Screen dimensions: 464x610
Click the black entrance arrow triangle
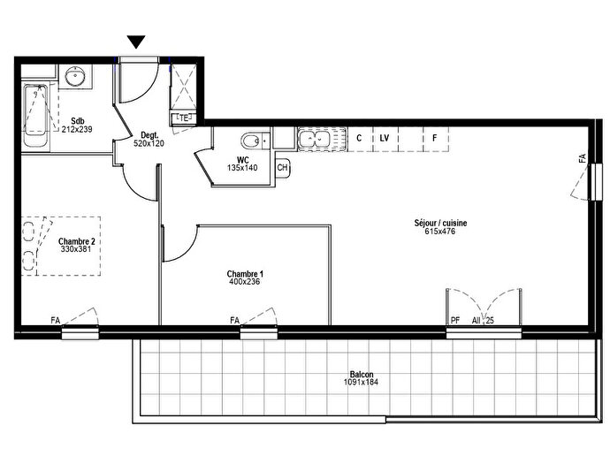(136, 42)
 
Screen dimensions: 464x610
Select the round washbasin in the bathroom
(76, 77)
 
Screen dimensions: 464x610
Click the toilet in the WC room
(252, 140)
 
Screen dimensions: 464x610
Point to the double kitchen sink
(315, 138)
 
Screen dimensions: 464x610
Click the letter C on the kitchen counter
(359, 139)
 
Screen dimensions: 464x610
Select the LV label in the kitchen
(385, 139)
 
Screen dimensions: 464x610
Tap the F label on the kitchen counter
(434, 139)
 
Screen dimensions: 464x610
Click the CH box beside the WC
(283, 167)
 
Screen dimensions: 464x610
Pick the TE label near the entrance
(185, 118)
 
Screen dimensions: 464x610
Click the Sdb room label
(78, 120)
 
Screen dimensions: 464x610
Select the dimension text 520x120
(149, 142)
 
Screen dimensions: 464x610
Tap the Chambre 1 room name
(245, 274)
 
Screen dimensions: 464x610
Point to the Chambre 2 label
(76, 240)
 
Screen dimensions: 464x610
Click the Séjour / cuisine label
(439, 223)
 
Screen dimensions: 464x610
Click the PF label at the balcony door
(455, 320)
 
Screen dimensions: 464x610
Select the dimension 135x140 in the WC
(242, 167)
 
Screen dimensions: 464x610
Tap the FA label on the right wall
(582, 158)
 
